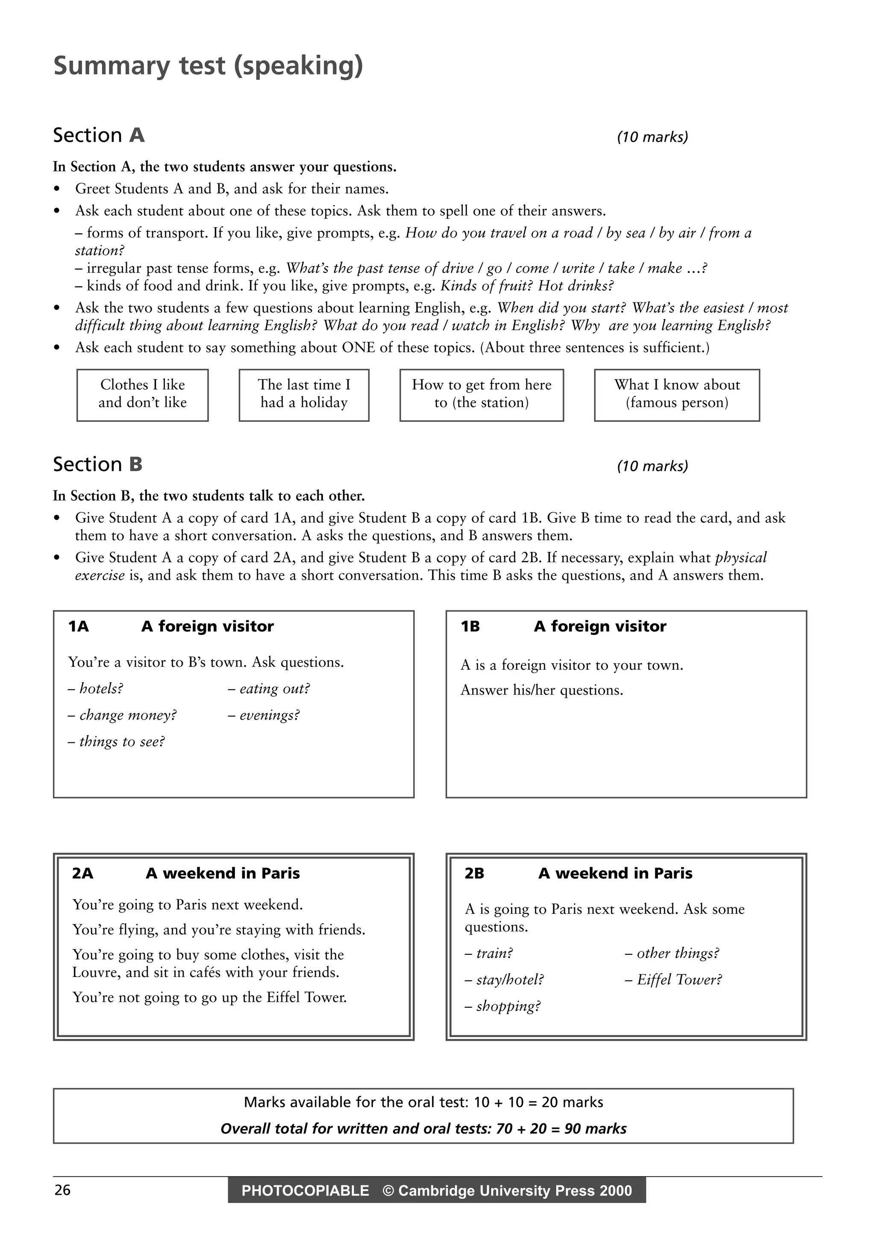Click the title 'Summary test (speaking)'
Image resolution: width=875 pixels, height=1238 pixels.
(x=208, y=66)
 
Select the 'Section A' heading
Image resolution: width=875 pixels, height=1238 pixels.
(x=99, y=135)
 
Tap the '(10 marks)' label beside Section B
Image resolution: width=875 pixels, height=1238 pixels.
(x=652, y=466)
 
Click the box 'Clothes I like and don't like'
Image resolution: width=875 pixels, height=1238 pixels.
(x=142, y=394)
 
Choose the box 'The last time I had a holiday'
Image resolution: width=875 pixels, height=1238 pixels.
(x=304, y=394)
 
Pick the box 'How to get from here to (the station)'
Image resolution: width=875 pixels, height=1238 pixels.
(x=482, y=394)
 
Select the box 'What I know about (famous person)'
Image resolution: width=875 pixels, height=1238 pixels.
(x=677, y=394)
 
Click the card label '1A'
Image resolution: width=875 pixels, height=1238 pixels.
(x=78, y=627)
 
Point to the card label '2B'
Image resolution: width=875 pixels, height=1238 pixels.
(x=474, y=873)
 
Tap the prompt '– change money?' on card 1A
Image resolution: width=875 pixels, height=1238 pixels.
(x=122, y=715)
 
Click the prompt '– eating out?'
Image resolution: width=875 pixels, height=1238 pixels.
(x=268, y=689)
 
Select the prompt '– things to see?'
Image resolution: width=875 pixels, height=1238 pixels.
(x=116, y=742)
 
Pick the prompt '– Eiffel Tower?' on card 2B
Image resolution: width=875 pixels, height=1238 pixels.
(x=673, y=979)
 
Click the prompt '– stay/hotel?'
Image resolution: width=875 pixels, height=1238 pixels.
(x=504, y=979)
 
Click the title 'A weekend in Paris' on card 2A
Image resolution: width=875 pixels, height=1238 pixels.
(x=223, y=873)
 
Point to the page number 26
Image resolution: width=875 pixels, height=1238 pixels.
(x=62, y=1190)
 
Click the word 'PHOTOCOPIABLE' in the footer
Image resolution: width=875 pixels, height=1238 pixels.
(x=305, y=1191)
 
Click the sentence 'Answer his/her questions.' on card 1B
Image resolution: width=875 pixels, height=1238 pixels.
(x=542, y=690)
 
